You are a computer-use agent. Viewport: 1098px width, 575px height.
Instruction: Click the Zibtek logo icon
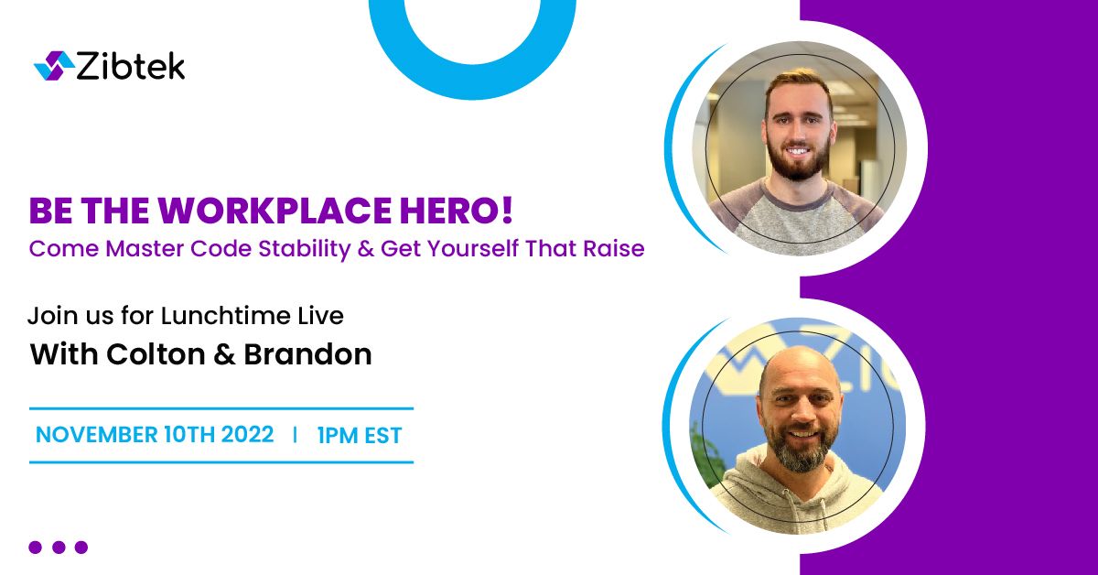[54, 66]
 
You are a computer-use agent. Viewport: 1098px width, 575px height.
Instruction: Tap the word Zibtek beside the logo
[131, 66]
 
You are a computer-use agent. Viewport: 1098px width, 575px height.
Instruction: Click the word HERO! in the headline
[457, 211]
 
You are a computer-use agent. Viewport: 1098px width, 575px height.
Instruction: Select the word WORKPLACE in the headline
[274, 211]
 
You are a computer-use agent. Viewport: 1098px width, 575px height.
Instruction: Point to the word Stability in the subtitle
[305, 249]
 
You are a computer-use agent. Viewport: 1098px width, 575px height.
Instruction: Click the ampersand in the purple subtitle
[366, 249]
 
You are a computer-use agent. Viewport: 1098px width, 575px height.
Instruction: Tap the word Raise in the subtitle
[614, 248]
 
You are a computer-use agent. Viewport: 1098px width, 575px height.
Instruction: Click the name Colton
[156, 354]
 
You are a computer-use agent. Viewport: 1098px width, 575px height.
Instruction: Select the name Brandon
[307, 354]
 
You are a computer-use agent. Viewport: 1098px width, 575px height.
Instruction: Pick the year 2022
[247, 435]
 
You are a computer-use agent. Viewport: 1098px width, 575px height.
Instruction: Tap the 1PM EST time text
[360, 436]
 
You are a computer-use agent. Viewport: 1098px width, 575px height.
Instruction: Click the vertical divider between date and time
[295, 435]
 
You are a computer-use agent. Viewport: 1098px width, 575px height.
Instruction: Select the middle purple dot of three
[59, 547]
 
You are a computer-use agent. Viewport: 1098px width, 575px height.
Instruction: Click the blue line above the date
[221, 408]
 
